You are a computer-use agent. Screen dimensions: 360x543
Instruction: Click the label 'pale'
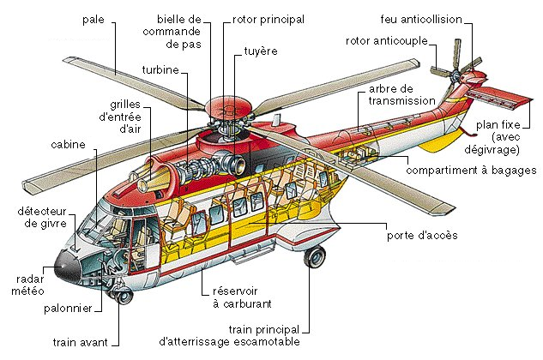94,20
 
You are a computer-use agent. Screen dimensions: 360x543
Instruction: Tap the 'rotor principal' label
269,19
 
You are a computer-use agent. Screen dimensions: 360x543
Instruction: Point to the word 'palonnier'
71,308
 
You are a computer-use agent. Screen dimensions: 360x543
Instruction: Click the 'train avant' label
80,342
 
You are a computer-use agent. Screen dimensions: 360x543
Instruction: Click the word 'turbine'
160,69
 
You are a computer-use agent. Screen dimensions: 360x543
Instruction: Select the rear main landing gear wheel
315,256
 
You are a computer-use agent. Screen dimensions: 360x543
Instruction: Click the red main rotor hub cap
228,108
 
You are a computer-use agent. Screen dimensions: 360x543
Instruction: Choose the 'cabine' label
69,145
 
